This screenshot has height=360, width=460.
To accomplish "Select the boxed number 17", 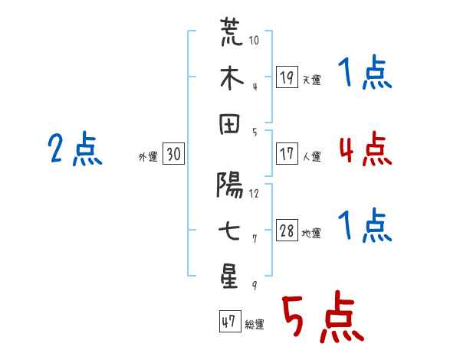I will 287,154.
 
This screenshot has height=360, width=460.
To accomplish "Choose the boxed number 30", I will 174,155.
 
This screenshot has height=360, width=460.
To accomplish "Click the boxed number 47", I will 228,322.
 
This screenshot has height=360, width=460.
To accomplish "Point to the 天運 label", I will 311,80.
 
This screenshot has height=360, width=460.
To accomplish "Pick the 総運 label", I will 254,325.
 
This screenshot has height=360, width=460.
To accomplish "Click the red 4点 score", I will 365,149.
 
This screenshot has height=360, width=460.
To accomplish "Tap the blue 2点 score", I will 75,149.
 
